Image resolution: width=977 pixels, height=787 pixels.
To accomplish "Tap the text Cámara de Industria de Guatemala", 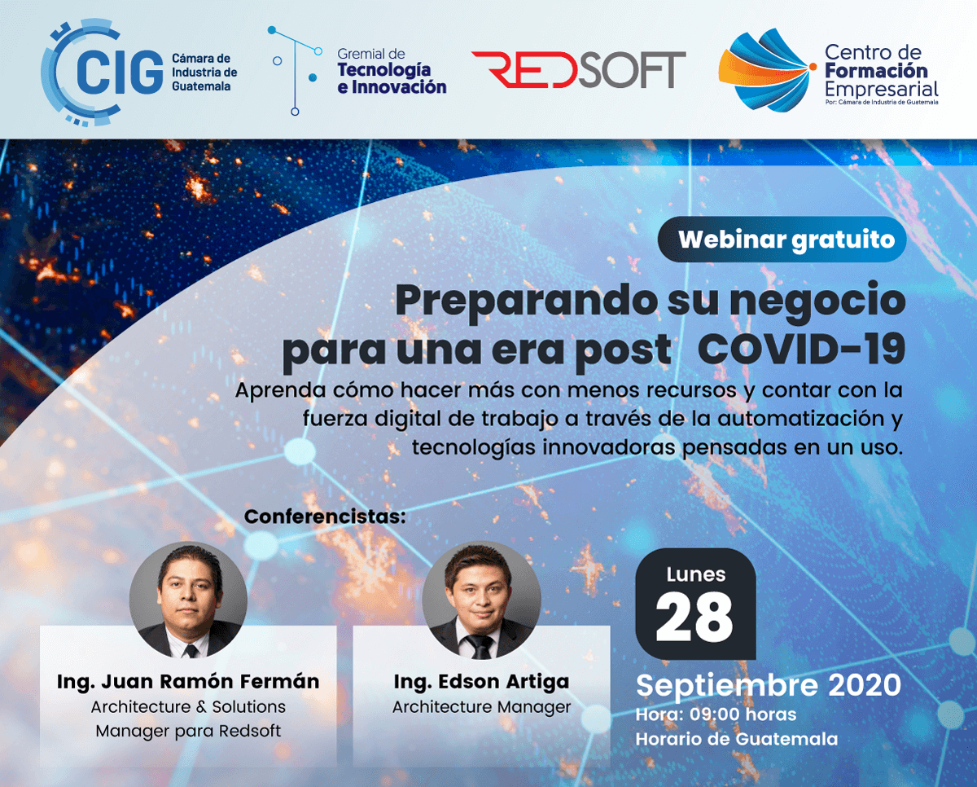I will (x=204, y=73).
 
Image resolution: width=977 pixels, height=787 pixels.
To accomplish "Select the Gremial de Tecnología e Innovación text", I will (x=392, y=71).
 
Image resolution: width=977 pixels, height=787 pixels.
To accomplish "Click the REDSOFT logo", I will (x=578, y=70).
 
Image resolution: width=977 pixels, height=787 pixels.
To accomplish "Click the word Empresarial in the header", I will (x=881, y=89).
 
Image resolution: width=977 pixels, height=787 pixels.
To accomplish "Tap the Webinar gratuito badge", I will (x=782, y=240).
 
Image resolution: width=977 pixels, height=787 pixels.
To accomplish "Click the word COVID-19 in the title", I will (x=802, y=350).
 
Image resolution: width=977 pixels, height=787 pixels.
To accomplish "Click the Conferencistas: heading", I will (x=325, y=517).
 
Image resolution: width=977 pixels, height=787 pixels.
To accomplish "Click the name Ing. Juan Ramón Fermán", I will (x=188, y=681).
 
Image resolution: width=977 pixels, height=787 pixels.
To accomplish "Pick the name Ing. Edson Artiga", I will (x=481, y=681).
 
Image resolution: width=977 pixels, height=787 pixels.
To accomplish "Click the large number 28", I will (x=694, y=618).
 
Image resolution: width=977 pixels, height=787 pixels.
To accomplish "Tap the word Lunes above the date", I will (x=695, y=574).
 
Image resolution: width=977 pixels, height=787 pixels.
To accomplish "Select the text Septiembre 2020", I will (x=769, y=685).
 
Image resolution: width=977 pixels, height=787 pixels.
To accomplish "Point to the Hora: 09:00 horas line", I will (x=716, y=714).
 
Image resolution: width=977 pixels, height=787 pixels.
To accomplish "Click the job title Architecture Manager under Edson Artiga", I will (x=481, y=706).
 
